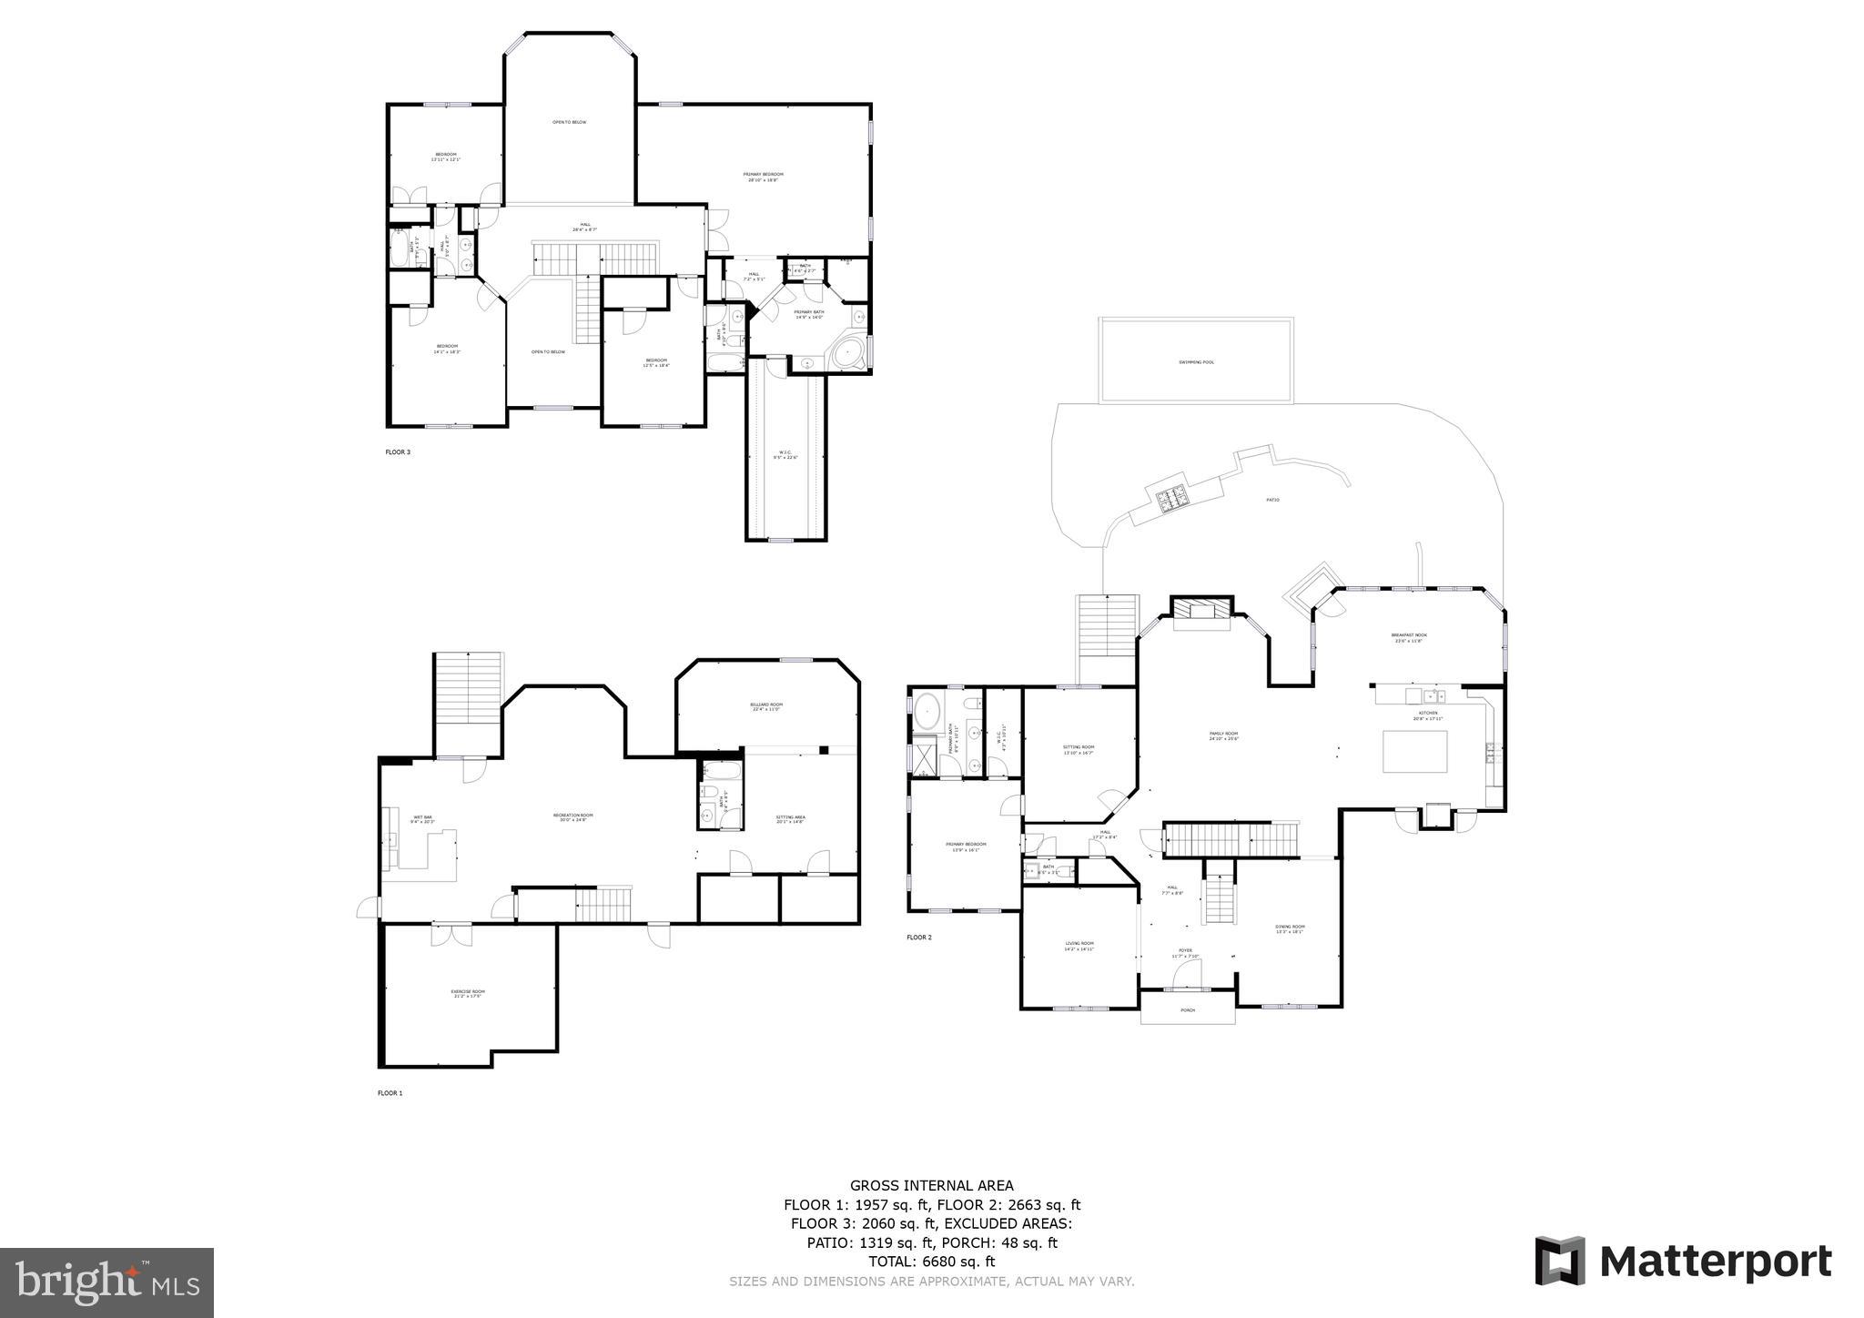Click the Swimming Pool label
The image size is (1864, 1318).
coord(1196,362)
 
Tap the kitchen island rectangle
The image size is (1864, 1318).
coord(1414,751)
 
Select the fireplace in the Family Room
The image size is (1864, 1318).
coord(1200,613)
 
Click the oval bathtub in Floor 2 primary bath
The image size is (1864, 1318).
coord(927,711)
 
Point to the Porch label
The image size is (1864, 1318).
coord(1187,1010)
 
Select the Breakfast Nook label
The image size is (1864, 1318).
coord(1408,637)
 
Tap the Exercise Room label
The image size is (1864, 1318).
coord(468,993)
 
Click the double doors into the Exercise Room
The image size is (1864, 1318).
coord(451,934)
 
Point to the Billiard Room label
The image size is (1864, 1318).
coord(766,706)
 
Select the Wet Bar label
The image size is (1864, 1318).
coord(423,819)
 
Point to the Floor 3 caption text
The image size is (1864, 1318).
coord(398,451)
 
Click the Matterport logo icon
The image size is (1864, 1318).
coord(1560,1261)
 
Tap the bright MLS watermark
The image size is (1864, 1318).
coord(107,1283)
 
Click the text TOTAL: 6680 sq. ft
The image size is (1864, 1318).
coord(931,1262)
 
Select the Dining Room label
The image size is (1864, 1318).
coord(1289,928)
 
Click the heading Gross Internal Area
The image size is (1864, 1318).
coord(931,1185)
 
